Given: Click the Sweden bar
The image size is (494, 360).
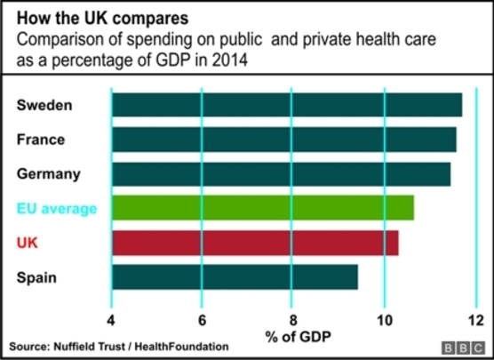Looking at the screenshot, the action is click(287, 105).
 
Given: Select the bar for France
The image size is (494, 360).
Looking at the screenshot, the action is click(284, 140).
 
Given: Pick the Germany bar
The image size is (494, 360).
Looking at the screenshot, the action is click(282, 174).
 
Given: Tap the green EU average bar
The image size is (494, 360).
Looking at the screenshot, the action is click(263, 208).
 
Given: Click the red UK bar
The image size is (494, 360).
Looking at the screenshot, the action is click(255, 243).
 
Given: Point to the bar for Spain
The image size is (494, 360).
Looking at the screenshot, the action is click(235, 277).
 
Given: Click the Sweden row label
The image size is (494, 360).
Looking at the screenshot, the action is click(44, 105).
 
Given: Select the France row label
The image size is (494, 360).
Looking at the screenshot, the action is click(41, 140).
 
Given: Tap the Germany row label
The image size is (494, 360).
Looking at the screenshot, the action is click(49, 174).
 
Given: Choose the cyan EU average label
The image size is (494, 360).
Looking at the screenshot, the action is click(57, 209).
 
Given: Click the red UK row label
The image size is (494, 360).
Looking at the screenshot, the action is click(27, 243).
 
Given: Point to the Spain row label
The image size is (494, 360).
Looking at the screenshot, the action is click(36, 277).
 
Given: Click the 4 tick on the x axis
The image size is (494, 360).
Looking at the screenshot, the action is click(111, 320).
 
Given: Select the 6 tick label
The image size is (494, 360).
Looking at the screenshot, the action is click(202, 320).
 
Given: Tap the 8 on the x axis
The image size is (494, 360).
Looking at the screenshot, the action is click(293, 320).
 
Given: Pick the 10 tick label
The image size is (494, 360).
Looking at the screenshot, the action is click(385, 320).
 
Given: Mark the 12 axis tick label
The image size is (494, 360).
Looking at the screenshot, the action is click(476, 320).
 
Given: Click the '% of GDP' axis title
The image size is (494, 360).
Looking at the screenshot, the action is click(298, 337).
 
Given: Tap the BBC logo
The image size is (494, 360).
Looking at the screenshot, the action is click(463, 348).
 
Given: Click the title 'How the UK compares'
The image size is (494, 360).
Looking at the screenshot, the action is click(103, 18).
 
